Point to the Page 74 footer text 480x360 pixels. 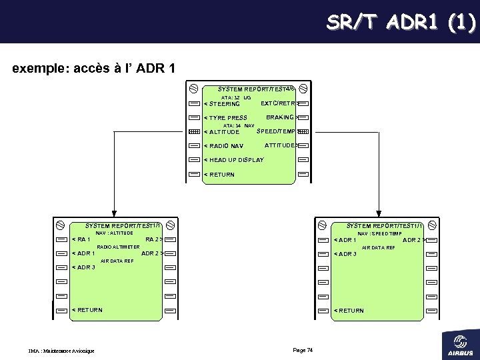[x=303, y=350]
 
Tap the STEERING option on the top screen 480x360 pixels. [x=223, y=104]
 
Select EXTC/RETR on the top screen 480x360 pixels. [x=277, y=103]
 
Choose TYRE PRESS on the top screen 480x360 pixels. [x=227, y=118]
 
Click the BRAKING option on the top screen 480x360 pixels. [x=281, y=117]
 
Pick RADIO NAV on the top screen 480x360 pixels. [x=225, y=146]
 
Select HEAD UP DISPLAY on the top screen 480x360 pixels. [x=235, y=160]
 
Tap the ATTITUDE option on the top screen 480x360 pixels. [x=280, y=145]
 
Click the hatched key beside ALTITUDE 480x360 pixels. [x=193, y=132]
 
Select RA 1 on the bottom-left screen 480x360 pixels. [x=83, y=239]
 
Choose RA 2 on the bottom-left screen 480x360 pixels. [x=153, y=239]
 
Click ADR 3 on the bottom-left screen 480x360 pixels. [x=85, y=267]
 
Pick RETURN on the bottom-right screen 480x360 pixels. [x=350, y=310]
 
